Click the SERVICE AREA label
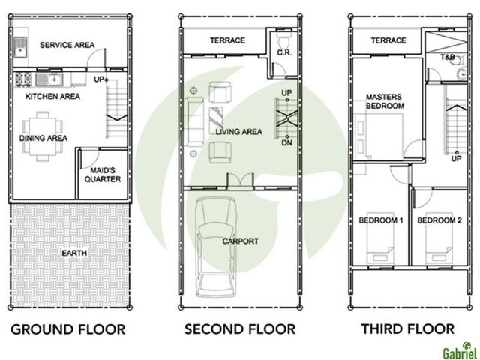click(67, 45)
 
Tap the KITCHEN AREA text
click(52, 97)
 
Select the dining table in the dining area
click(43, 136)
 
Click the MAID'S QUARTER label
click(103, 175)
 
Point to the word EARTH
click(74, 253)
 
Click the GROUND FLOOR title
click(68, 329)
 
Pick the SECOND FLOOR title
click(240, 329)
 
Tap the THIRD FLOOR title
click(408, 328)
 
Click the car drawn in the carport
click(215, 247)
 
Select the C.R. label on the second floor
click(284, 53)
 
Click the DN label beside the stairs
click(286, 143)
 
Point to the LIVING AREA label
click(238, 132)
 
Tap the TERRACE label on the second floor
click(227, 40)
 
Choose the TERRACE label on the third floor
click(388, 40)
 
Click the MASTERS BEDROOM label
click(385, 101)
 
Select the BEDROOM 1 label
click(380, 220)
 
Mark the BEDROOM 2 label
click(439, 220)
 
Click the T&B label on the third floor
click(447, 57)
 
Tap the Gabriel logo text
click(460, 353)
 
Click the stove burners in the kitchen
click(23, 79)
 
